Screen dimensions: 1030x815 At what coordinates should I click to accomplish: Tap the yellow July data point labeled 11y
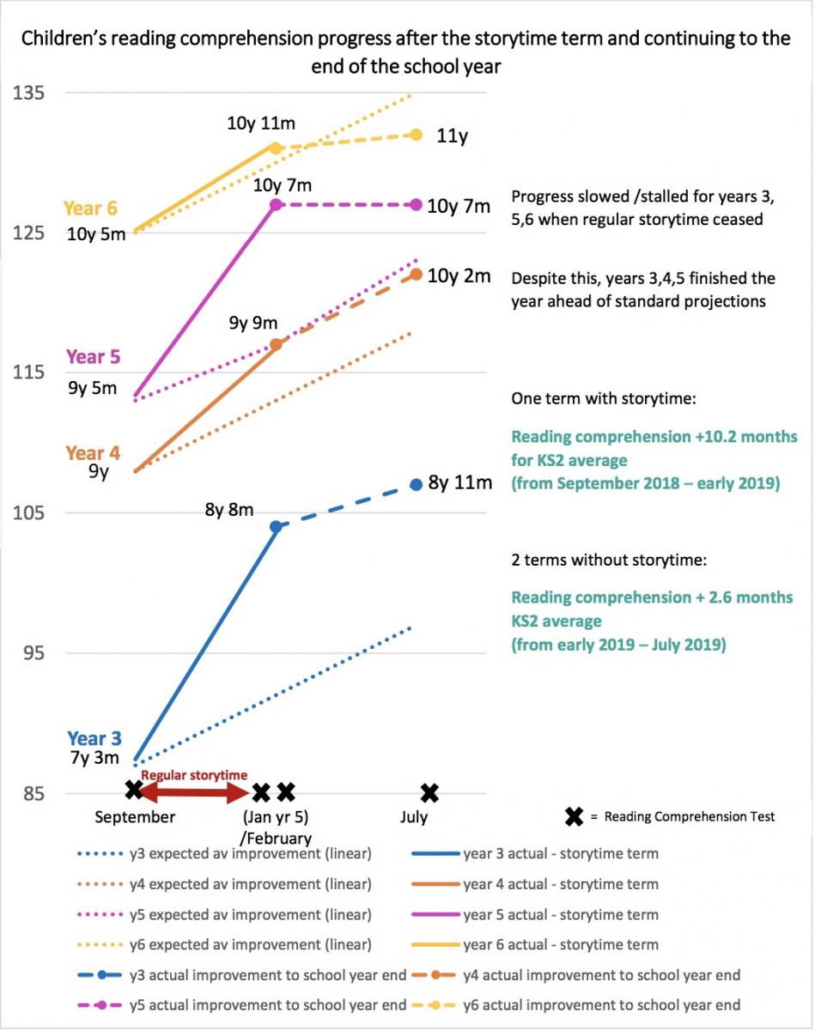[x=417, y=135]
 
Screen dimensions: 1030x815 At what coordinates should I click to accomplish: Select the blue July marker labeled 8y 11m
[x=417, y=485]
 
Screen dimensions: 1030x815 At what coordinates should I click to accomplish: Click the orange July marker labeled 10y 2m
[x=417, y=275]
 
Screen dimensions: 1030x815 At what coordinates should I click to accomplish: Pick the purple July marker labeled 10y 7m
[x=417, y=205]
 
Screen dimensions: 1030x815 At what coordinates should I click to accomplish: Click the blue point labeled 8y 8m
[x=276, y=526]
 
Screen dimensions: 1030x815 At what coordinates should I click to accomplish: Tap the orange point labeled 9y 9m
[x=276, y=344]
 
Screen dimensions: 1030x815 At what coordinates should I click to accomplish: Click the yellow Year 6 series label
[x=89, y=209]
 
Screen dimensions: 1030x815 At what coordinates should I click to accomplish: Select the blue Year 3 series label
[x=94, y=738]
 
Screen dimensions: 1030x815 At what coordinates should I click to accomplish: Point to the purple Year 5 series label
[x=93, y=357]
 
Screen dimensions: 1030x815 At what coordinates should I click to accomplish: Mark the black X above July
[x=429, y=792]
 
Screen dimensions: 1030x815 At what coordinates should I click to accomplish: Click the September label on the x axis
[x=135, y=817]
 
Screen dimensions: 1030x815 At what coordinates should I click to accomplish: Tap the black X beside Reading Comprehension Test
[x=575, y=816]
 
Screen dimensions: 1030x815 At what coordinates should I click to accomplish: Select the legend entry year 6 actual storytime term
[x=561, y=944]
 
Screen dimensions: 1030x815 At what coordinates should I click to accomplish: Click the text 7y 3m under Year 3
[x=94, y=758]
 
